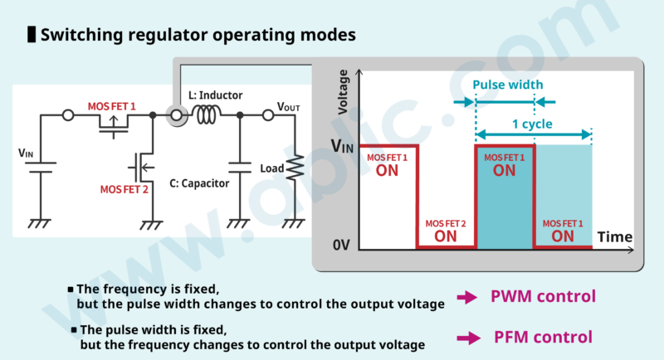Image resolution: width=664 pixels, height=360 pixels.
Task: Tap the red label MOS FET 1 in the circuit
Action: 111,107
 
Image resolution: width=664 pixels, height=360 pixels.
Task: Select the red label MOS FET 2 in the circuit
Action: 124,189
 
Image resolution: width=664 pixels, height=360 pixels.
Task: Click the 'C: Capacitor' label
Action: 199,183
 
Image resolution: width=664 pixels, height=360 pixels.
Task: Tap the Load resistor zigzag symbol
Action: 295,168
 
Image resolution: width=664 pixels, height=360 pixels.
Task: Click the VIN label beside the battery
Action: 27,153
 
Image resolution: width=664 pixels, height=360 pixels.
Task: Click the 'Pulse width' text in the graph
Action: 507,85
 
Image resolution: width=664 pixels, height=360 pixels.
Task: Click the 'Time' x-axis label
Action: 615,237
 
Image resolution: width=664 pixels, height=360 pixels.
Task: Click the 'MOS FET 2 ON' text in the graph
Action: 446,231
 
